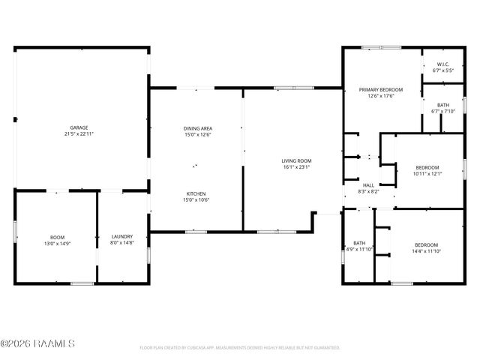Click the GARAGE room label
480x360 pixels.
(79, 127)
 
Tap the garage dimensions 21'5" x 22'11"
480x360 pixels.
(79, 134)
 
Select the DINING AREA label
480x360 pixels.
(196, 127)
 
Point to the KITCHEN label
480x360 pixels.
(196, 193)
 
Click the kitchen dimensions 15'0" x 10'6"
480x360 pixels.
(196, 199)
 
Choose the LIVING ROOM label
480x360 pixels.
(296, 160)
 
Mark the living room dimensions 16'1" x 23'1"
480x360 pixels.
(296, 167)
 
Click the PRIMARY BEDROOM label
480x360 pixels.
(381, 89)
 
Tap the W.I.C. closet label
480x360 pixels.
(443, 64)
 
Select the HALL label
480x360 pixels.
(368, 184)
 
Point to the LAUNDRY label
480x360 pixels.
(121, 236)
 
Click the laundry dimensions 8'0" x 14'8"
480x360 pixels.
(121, 243)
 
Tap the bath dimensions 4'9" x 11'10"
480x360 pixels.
(358, 249)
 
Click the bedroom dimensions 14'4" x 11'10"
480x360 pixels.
(426, 249)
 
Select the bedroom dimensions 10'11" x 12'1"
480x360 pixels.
(427, 174)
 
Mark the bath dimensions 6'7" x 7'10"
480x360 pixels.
(443, 111)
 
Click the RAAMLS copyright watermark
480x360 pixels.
(37, 344)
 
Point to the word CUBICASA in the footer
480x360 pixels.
(202, 348)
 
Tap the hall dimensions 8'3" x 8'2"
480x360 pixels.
(368, 191)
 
